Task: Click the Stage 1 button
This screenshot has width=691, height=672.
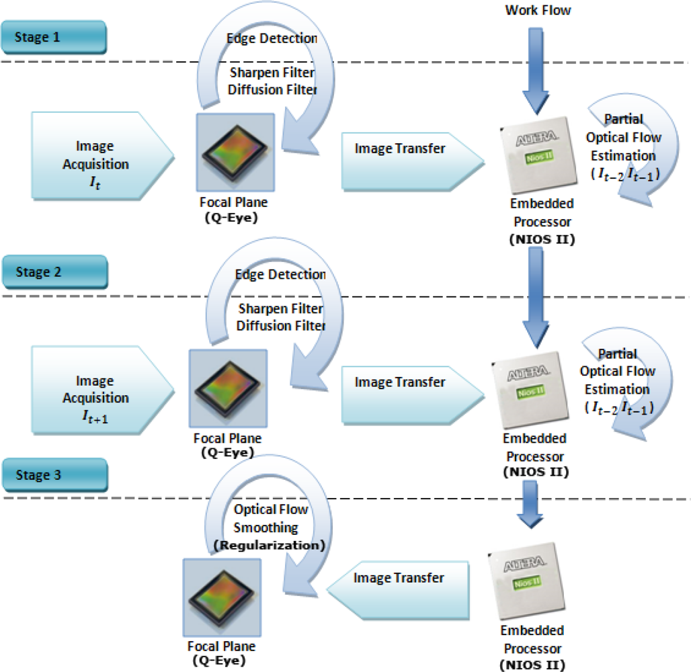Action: pyautogui.click(x=54, y=38)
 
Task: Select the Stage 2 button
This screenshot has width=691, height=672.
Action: pyautogui.click(x=54, y=273)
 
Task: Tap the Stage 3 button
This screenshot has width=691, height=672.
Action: pyautogui.click(x=54, y=476)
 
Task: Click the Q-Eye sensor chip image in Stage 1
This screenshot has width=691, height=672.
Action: pyautogui.click(x=235, y=152)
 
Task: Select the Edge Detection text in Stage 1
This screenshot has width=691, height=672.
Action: pyautogui.click(x=276, y=38)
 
